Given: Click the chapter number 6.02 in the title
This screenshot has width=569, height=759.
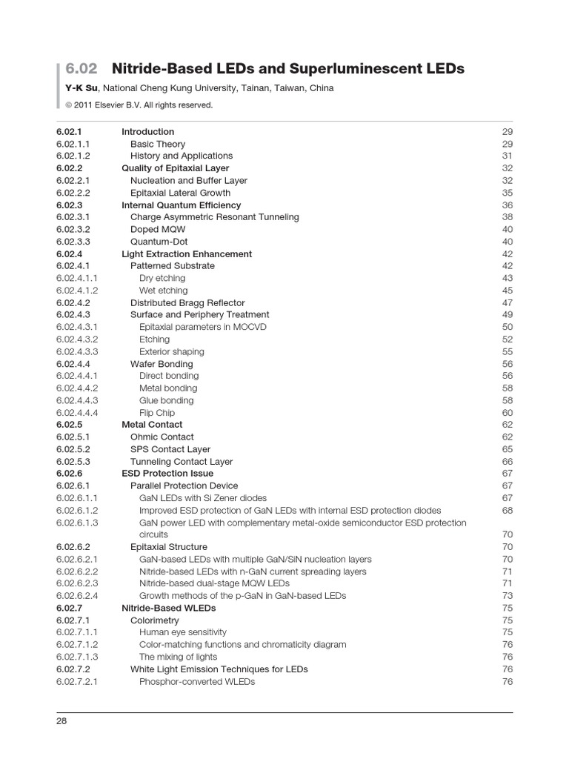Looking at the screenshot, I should pos(81,69).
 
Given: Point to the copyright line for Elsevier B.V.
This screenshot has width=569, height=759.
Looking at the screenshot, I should pos(139,105).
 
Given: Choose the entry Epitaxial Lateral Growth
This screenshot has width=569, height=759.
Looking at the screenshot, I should pos(180,193).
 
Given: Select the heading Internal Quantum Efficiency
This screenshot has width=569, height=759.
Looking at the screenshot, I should pos(181,205).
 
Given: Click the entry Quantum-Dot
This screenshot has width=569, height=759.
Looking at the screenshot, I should pos(159,242).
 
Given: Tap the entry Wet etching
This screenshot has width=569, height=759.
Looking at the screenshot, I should pos(163,291).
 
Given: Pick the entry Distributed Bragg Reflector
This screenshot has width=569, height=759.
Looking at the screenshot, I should pos(187,302).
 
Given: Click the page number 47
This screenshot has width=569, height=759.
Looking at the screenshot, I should pos(507,302).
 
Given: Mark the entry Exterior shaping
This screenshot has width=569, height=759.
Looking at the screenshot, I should pos(171,351).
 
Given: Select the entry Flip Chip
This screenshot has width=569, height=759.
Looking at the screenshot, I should pos(156,413).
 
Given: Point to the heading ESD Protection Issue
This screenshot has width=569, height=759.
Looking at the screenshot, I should pos(167,474).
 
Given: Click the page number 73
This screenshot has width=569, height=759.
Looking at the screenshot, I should pos(507,596).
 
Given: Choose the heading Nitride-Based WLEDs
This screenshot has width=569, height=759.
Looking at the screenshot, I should pos(168,608).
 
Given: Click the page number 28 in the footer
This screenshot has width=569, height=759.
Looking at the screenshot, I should pos(61,721).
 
